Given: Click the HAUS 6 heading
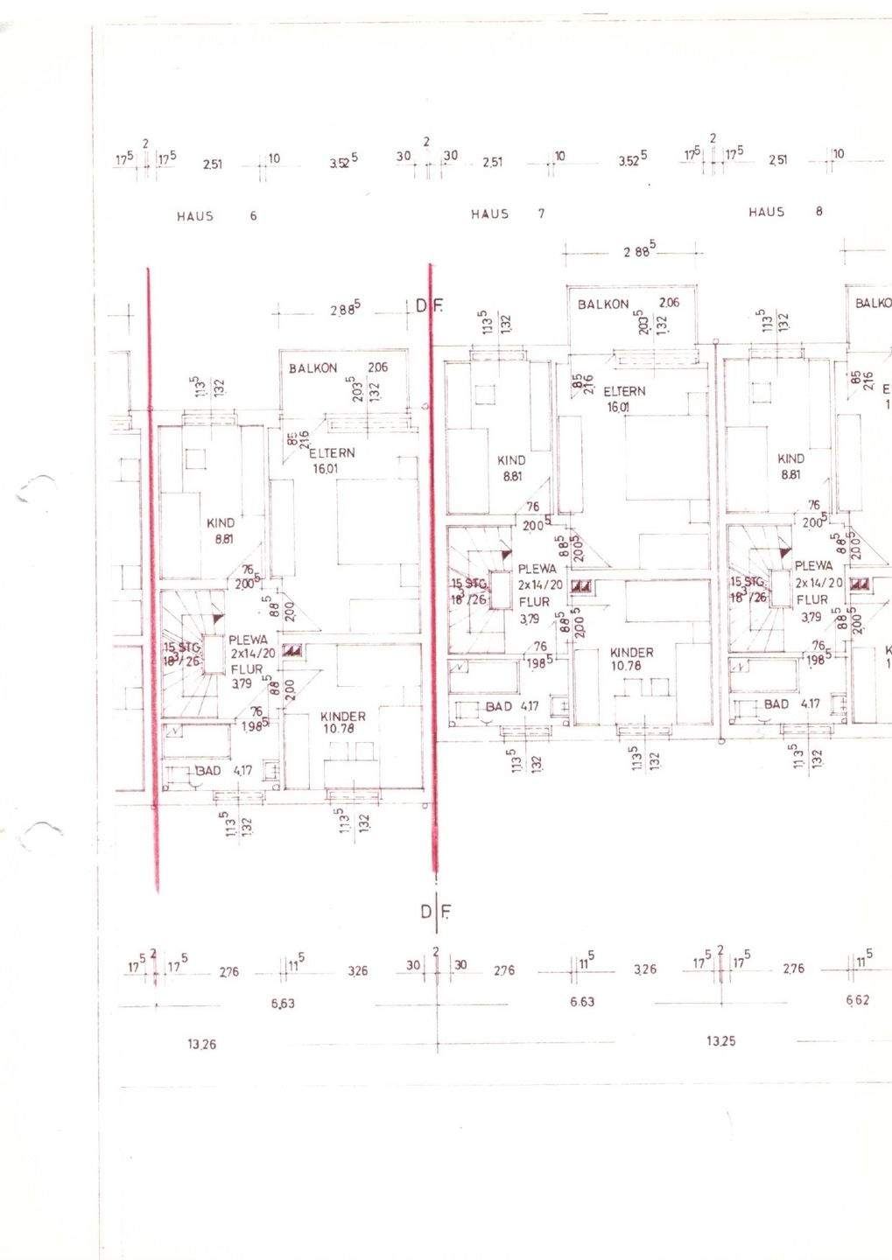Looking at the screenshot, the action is (x=216, y=215).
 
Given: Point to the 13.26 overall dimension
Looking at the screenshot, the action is (x=202, y=1043).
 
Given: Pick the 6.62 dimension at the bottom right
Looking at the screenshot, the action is (x=858, y=1000).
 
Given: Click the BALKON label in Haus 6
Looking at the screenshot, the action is (x=313, y=368).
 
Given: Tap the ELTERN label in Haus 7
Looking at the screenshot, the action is (x=624, y=391).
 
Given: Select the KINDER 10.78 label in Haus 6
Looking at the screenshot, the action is (x=344, y=722).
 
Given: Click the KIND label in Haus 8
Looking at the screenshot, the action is (x=791, y=458).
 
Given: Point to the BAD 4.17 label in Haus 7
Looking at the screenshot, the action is (x=512, y=706).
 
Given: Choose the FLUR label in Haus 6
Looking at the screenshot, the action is (x=247, y=669).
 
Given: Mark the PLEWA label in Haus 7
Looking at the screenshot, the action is (x=537, y=569).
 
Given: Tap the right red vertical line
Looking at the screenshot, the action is (x=432, y=569).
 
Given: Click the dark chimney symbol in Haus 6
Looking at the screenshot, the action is (x=293, y=650).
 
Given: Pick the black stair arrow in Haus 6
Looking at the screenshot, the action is (x=217, y=619).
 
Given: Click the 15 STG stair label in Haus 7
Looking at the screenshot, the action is (x=468, y=584).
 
